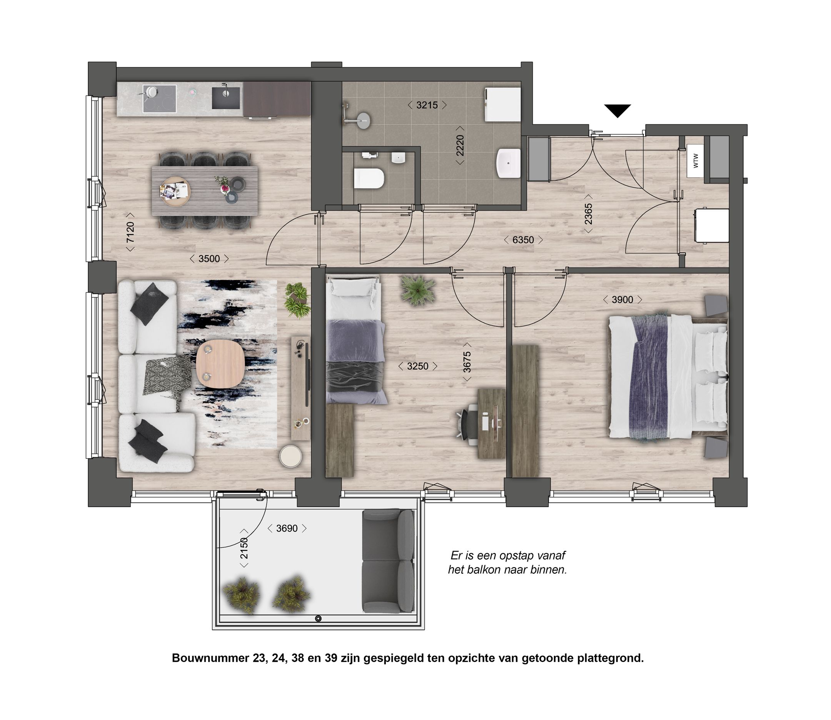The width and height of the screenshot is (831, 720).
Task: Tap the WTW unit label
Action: click(696, 161)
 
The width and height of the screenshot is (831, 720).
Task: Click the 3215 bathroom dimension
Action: click(427, 105)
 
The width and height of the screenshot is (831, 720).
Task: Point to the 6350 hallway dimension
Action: click(523, 240)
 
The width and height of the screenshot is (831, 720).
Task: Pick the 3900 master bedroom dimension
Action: click(622, 300)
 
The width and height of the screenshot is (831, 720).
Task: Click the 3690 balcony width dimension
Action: click(287, 528)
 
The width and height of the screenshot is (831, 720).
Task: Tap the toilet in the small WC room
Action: click(369, 179)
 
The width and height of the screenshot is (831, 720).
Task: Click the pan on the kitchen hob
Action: click(152, 92)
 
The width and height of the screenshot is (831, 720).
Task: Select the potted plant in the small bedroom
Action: click(418, 290)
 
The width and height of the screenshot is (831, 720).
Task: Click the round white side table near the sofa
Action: click(290, 456)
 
